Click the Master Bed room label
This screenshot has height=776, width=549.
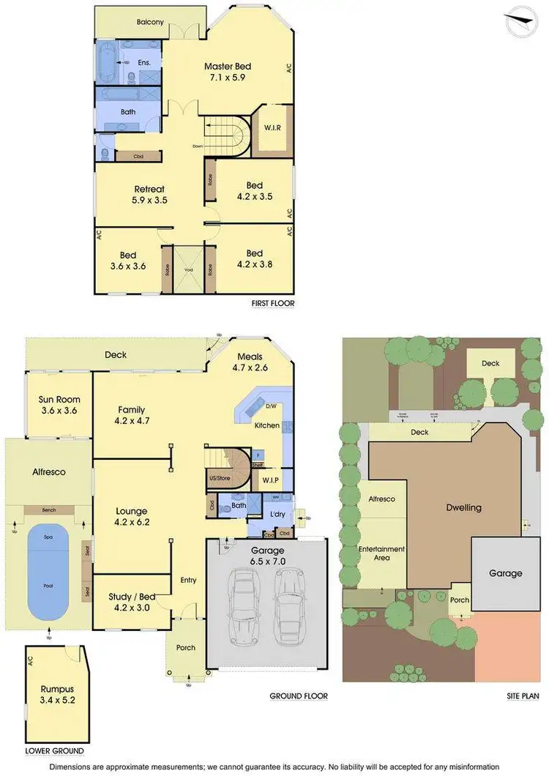tap(228, 72)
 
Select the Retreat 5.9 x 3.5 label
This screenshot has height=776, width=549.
tap(149, 194)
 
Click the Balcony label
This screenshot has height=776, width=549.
tap(150, 22)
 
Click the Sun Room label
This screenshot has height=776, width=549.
tap(59, 405)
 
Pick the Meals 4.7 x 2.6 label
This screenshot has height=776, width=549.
tap(250, 362)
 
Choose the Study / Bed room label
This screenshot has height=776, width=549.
tap(130, 600)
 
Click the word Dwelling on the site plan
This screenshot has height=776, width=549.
tap(464, 507)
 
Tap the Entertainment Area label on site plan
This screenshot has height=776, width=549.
tap(381, 553)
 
